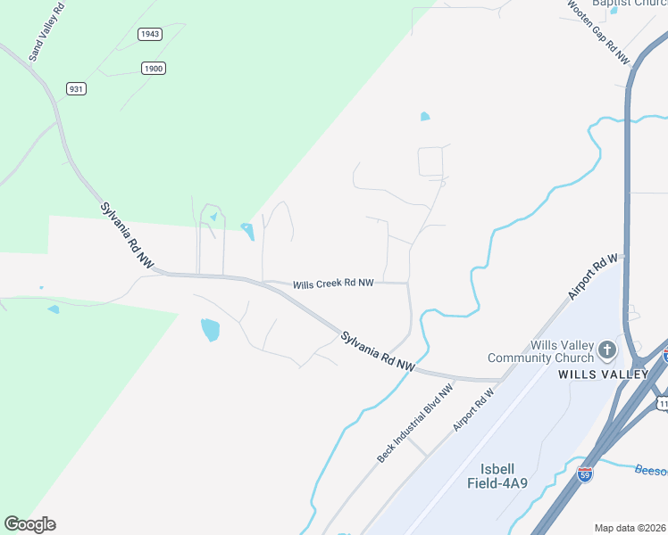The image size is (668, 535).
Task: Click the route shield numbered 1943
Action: click(x=150, y=34)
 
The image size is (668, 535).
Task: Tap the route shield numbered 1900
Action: click(x=154, y=68)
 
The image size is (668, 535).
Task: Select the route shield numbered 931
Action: click(x=76, y=87)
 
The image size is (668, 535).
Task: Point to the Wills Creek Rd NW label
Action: click(x=333, y=283)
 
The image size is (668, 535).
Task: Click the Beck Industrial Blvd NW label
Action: click(x=415, y=424)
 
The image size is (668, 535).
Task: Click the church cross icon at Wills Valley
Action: click(x=607, y=350)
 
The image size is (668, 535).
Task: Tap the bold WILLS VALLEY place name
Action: click(x=603, y=374)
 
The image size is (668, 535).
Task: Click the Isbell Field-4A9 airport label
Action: click(x=497, y=476)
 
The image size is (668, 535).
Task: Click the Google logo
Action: click(x=29, y=524)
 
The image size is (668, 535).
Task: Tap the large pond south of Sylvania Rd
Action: click(x=210, y=330)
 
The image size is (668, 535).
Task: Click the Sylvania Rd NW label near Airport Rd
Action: click(x=378, y=351)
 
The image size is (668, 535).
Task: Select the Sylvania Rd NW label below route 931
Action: click(x=126, y=235)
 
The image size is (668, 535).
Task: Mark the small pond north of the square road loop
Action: click(x=425, y=116)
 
